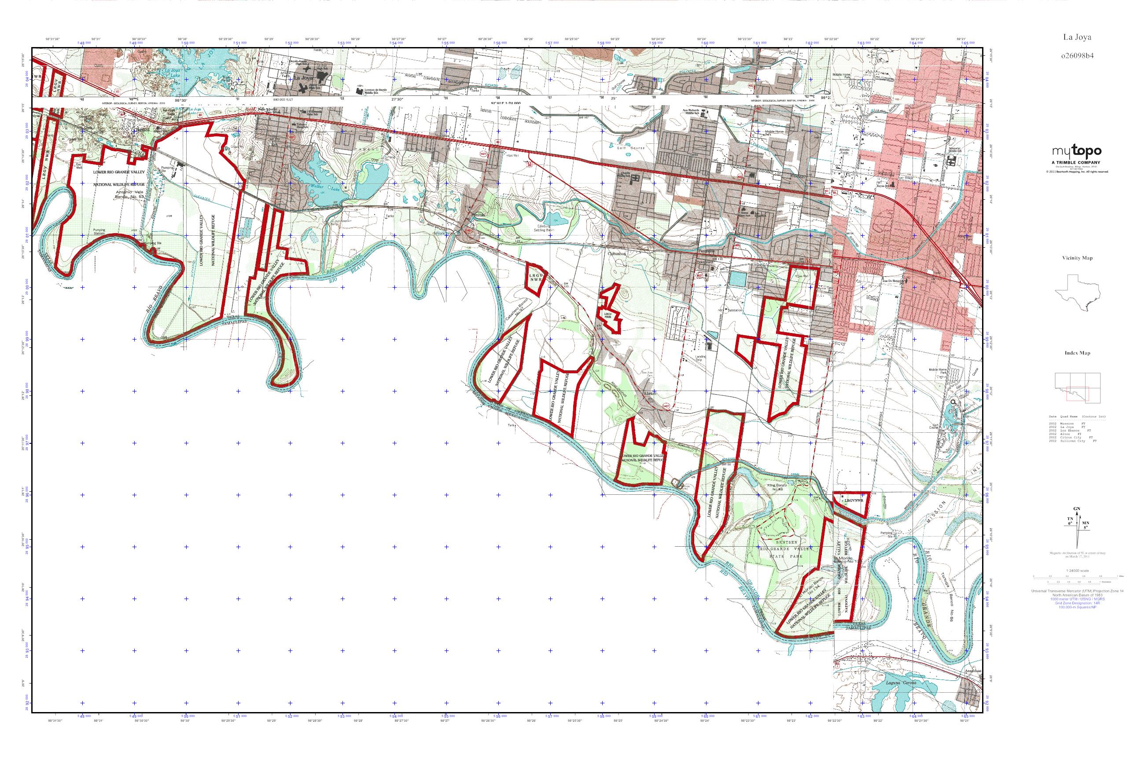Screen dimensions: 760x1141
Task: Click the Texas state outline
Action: coord(1078,293)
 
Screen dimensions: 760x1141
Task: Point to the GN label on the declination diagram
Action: coord(1076,508)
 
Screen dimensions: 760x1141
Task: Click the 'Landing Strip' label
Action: coord(700,359)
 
